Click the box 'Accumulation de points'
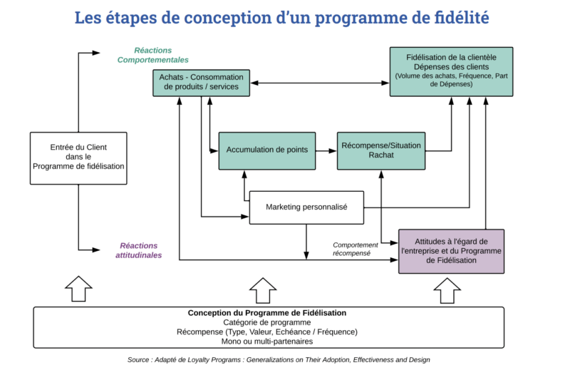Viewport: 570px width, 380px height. (267, 150)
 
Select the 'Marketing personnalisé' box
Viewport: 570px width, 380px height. (306, 207)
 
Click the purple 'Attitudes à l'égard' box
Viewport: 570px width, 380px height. (452, 251)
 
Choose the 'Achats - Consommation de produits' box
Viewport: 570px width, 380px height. (202, 82)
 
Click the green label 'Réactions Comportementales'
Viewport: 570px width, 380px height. (153, 55)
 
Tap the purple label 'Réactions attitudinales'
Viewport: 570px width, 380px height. (139, 250)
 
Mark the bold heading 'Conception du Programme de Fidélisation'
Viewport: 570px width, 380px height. (267, 313)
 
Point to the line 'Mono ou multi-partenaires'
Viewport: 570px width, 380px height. (267, 342)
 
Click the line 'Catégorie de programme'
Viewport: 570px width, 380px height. (267, 322)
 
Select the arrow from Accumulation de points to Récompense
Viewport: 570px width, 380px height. (326, 150)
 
